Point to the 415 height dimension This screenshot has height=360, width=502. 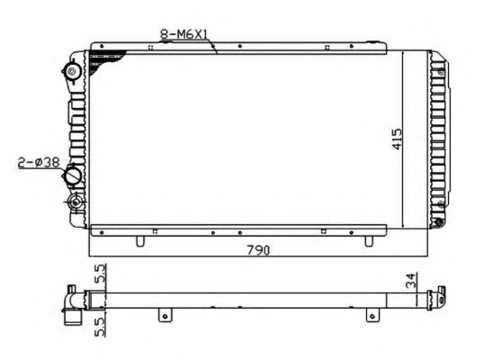(x=397, y=139)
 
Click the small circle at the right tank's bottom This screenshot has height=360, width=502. (x=438, y=222)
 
